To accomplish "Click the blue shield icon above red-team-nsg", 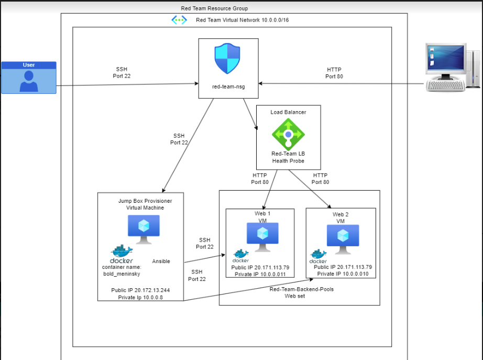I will pos(227,59).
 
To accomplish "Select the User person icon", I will pos(29,81).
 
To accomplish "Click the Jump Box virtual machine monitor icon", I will pos(144,228).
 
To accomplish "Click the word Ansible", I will pos(161,261).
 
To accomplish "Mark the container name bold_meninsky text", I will pos(122,270).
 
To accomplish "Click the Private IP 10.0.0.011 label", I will pos(259,274).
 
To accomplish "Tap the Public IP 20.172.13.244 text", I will pos(140,290).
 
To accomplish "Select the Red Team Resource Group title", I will pos(214,8).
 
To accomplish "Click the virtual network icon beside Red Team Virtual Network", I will pos(179,20).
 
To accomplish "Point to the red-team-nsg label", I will pos(228,86).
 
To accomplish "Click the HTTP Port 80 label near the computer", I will pos(334,73).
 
